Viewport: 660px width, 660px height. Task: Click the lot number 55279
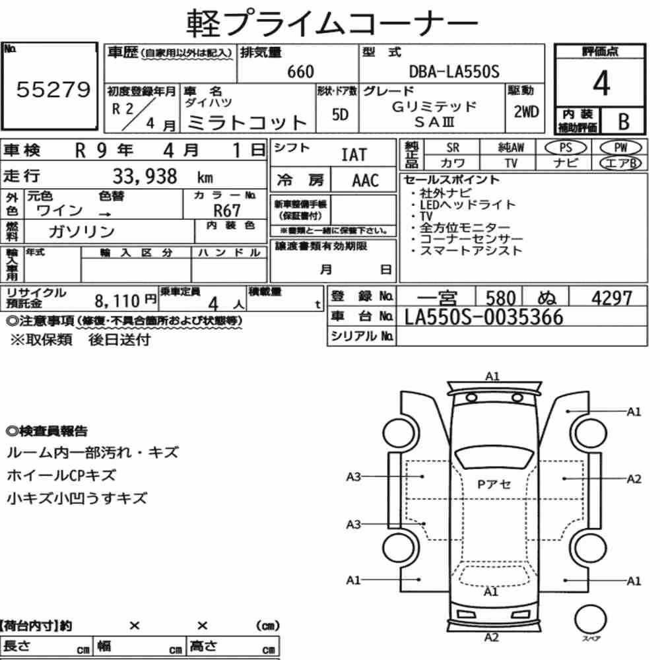pyautogui.click(x=53, y=89)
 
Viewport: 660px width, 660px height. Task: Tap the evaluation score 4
pyautogui.click(x=601, y=83)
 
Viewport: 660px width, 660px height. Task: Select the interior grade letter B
pyautogui.click(x=624, y=121)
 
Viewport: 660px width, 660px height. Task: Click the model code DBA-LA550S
pyautogui.click(x=454, y=71)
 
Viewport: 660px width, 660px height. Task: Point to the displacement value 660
pyautogui.click(x=300, y=71)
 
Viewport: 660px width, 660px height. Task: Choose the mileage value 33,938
pyautogui.click(x=145, y=176)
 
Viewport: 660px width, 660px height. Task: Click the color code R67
pyautogui.click(x=227, y=210)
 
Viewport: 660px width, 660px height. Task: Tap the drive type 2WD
pyautogui.click(x=526, y=112)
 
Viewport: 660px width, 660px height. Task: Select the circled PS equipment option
pyautogui.click(x=566, y=148)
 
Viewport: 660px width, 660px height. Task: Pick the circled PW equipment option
pyautogui.click(x=620, y=147)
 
